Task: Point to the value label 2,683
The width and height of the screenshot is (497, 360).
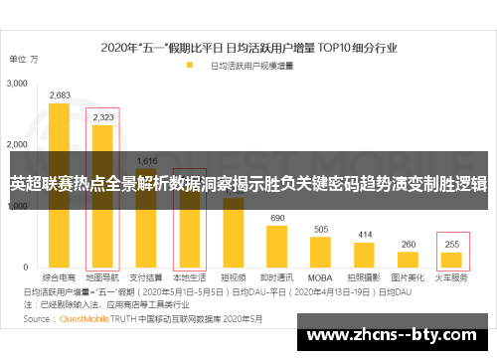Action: pos(59,95)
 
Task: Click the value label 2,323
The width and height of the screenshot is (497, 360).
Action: pos(102,117)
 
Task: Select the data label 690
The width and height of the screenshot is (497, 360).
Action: pos(277,218)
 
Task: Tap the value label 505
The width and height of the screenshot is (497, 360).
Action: pos(321,230)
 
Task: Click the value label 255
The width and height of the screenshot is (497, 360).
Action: pos(452,244)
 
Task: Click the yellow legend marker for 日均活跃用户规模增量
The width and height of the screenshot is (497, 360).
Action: pos(189,66)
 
